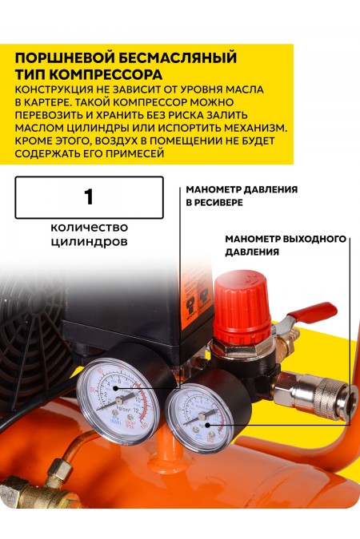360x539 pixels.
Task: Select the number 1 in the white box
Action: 89,196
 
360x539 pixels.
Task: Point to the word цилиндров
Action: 89,240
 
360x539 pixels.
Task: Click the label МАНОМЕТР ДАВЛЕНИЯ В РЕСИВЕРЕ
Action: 241,196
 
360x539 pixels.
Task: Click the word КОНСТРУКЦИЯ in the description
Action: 56,90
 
